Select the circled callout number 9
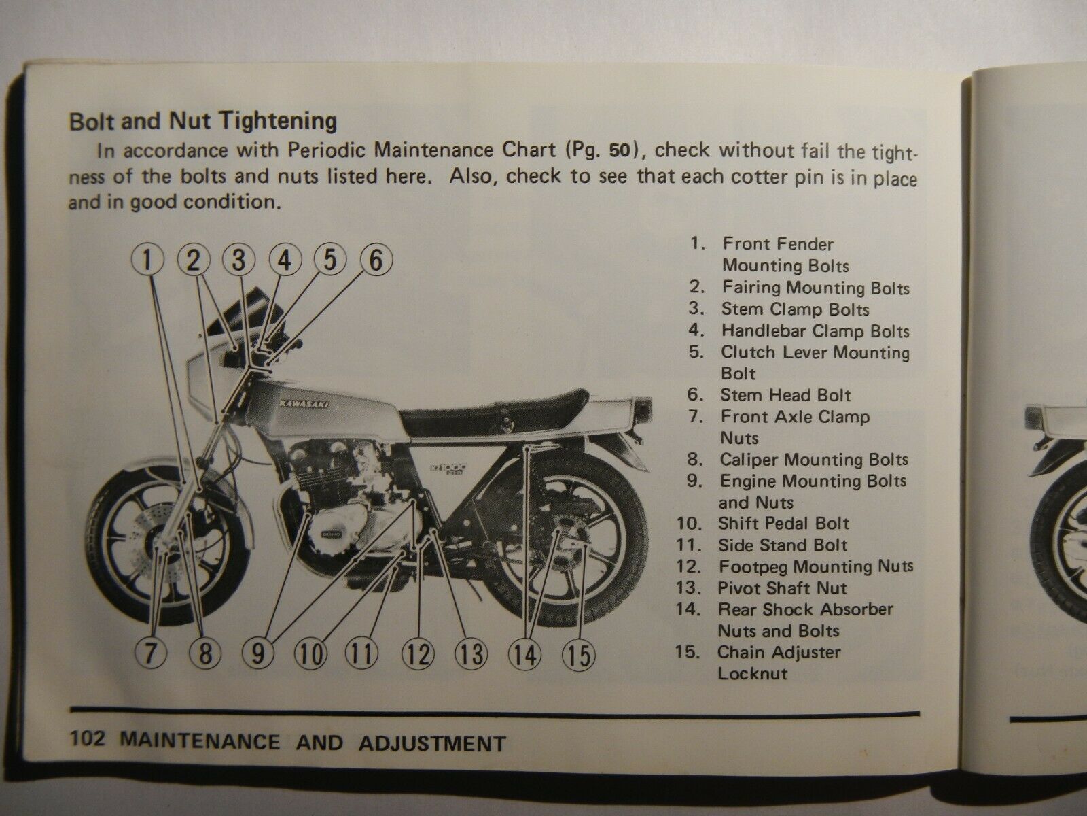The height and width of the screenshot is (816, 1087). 259,654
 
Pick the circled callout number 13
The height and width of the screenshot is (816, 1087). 471,654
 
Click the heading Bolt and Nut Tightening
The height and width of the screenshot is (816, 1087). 203,121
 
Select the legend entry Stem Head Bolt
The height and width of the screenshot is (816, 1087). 785,395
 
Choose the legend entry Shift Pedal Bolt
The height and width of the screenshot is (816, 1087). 783,524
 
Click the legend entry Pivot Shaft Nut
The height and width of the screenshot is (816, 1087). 782,588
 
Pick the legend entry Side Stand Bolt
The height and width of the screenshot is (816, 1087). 783,545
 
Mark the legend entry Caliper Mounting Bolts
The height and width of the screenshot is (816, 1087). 814,460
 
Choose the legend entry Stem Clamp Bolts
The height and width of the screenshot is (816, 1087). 795,309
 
